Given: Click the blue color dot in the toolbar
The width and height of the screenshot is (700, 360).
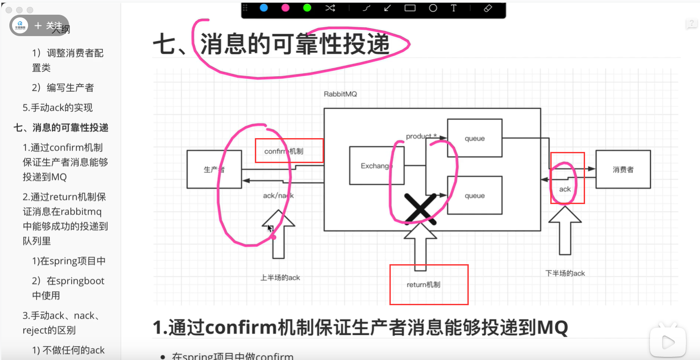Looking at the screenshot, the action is click(264, 8).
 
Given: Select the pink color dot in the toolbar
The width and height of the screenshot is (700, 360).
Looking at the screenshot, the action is click(286, 8).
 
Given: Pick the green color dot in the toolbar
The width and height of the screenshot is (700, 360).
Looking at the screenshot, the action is click(307, 8).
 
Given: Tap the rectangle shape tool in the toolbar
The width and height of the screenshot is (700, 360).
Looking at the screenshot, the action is click(410, 8).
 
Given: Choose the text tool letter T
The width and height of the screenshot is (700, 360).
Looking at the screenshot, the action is click(454, 8).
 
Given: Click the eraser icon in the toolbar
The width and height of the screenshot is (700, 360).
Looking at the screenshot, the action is click(488, 8).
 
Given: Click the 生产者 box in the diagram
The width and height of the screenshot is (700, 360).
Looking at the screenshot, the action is click(214, 169).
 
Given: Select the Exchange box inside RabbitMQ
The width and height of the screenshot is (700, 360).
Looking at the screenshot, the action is click(377, 166).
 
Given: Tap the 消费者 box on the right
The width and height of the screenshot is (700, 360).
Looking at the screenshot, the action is click(623, 169).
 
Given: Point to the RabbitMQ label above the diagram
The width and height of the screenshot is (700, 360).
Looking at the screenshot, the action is click(340, 94).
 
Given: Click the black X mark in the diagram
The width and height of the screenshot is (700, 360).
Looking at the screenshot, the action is click(419, 208).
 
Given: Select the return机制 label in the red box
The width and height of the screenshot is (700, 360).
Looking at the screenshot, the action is click(423, 285).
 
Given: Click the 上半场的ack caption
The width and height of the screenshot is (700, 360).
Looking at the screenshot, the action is click(280, 278).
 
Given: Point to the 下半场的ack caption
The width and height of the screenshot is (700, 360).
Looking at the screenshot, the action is click(565, 273).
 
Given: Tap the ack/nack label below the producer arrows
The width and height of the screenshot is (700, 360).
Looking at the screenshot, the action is click(278, 196).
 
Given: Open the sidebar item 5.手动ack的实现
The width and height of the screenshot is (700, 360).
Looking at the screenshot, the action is click(57, 108).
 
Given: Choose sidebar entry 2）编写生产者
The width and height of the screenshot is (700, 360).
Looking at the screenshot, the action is click(63, 88).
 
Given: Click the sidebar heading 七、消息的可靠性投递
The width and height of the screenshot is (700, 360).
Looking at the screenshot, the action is click(61, 128).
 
